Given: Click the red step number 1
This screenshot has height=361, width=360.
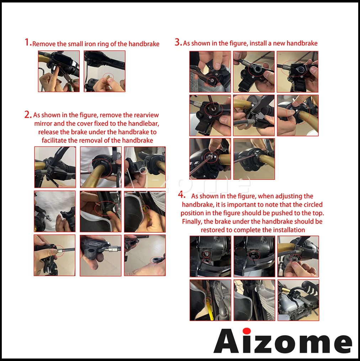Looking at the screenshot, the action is (x=27, y=43).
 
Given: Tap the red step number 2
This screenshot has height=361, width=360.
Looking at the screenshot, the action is (x=27, y=114).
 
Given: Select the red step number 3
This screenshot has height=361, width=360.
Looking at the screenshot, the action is (x=178, y=42).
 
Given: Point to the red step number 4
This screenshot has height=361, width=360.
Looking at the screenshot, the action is (x=182, y=195).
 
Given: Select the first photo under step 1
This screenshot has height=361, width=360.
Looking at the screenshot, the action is (x=59, y=71).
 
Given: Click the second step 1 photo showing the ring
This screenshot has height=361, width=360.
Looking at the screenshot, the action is (x=105, y=71).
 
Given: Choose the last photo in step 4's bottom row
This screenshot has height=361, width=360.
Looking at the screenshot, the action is (x=298, y=300).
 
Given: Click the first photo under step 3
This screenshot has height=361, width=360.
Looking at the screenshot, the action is (x=210, y=72).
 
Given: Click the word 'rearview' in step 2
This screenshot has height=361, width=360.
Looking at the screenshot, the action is (x=146, y=115).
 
